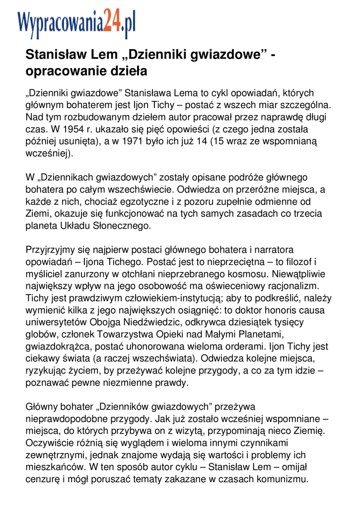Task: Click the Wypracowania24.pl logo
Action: point(76,24)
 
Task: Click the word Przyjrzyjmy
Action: point(51,250)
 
